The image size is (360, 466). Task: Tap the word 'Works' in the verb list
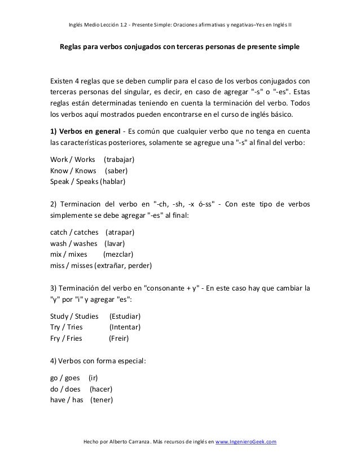pos(84,160)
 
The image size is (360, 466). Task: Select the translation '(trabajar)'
pos(120,160)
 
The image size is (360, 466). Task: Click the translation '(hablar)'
pos(112,182)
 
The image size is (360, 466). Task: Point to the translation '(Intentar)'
pos(125,327)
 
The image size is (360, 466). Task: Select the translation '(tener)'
pos(102,401)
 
